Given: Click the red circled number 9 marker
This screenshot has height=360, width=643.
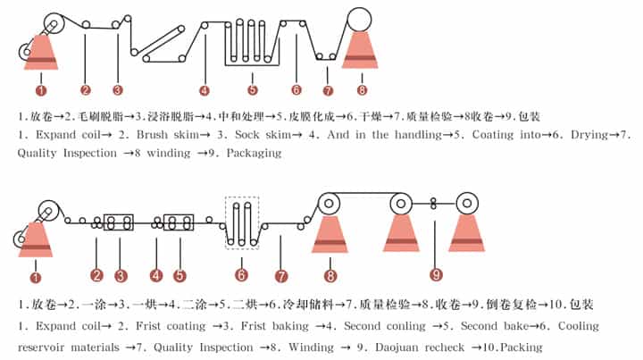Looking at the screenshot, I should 436,275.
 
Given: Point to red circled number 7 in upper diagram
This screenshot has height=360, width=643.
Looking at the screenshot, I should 328,90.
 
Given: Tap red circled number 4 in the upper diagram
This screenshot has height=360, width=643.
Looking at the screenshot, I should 205,90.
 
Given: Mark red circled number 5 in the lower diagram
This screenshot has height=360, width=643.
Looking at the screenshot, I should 180,275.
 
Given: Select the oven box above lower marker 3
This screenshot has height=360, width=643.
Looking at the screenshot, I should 119,222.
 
